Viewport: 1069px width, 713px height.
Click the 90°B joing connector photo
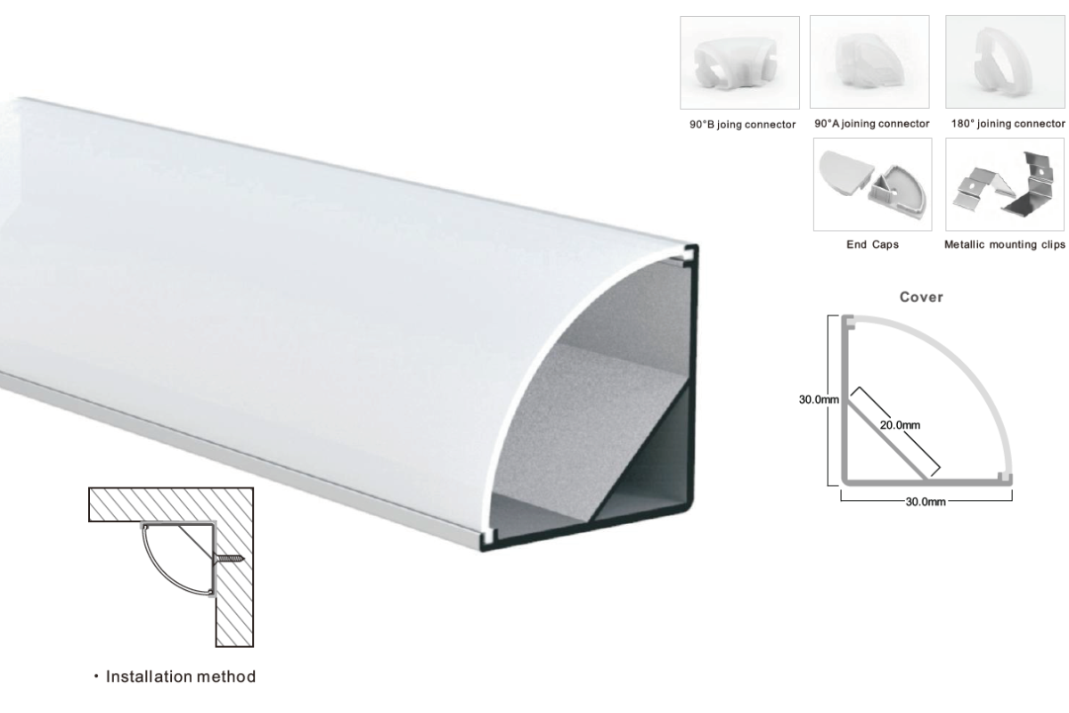[x=739, y=62]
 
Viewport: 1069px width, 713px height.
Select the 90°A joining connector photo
[x=869, y=61]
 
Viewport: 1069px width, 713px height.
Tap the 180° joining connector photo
[x=1005, y=61]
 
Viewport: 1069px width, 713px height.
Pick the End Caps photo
[x=872, y=184]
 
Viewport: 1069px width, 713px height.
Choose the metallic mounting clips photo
[x=1005, y=184]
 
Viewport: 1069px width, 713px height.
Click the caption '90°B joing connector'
[x=742, y=125]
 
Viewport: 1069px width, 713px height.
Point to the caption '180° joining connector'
[x=1008, y=124]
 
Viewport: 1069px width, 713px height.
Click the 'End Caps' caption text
[x=872, y=244]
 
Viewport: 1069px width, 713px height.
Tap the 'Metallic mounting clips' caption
[x=1005, y=244]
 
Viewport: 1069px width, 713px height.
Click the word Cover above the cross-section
[x=921, y=297]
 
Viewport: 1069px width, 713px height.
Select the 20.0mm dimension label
[x=900, y=425]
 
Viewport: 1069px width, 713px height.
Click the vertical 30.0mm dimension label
[x=819, y=399]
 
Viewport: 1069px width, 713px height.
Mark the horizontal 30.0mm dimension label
[x=926, y=502]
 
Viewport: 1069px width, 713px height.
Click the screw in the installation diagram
[x=229, y=557]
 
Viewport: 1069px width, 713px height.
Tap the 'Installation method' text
[x=180, y=676]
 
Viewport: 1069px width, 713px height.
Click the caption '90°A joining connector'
[x=871, y=124]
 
